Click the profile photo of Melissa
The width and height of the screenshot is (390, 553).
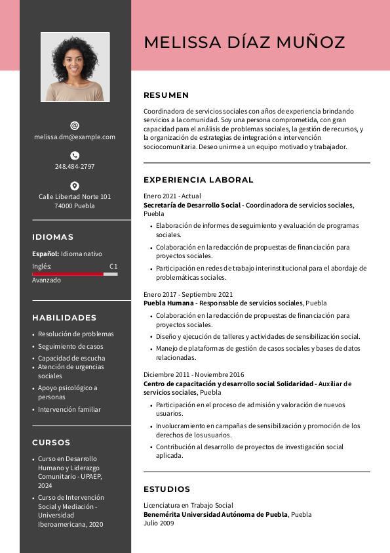(75, 67)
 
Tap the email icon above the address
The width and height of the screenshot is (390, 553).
(75, 125)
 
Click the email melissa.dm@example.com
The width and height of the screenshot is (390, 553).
(75, 137)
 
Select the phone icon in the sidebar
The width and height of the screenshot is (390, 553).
(75, 156)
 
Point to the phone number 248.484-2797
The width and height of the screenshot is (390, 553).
(75, 167)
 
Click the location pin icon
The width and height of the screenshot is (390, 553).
(75, 186)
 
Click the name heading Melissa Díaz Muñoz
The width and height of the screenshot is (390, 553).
(244, 43)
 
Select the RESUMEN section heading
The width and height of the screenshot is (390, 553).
(166, 95)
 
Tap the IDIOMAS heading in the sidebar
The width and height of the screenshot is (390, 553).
(52, 237)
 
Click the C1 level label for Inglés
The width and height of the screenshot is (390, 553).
(113, 267)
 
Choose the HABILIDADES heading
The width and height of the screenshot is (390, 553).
(64, 318)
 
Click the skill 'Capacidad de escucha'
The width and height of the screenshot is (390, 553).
(71, 359)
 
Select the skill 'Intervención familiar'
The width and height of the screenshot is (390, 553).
(69, 410)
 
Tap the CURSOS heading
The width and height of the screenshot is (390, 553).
(51, 443)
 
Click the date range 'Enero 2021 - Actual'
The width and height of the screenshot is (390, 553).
(172, 196)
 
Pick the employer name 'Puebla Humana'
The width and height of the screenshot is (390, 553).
(169, 303)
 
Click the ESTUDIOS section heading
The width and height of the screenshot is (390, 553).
(166, 489)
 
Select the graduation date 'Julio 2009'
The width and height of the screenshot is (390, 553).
(159, 523)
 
